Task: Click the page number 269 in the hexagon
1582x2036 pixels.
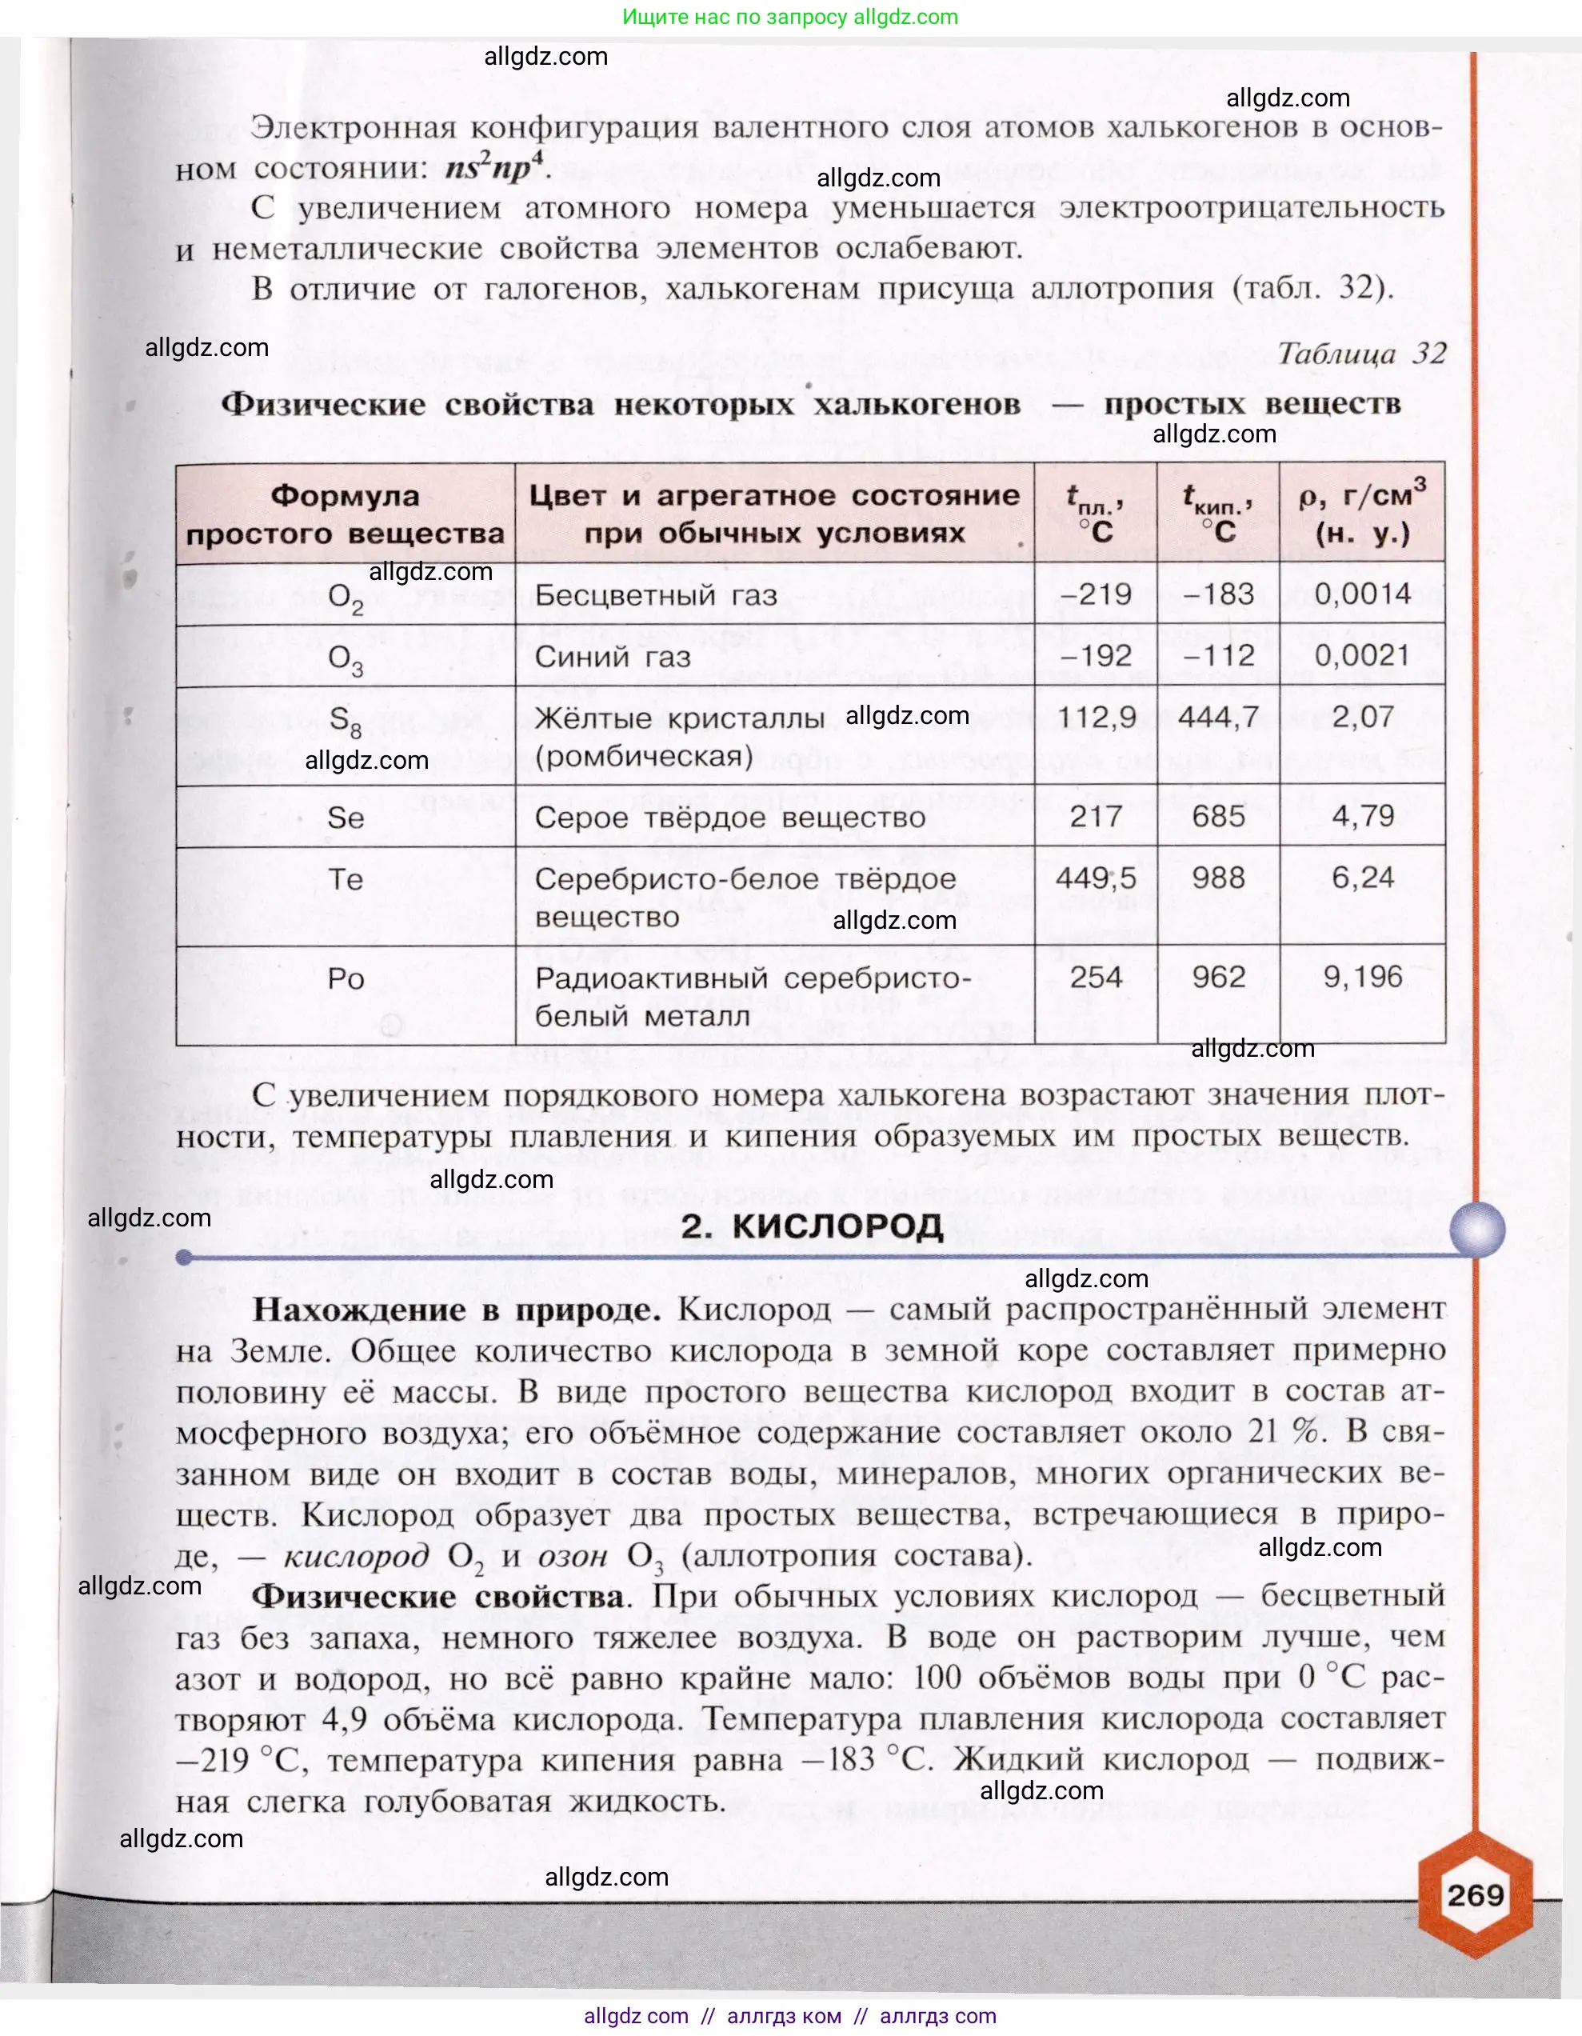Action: pyautogui.click(x=1475, y=1894)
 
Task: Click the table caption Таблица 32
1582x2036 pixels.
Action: pyautogui.click(x=1361, y=354)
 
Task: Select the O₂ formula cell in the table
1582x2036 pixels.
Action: pyautogui.click(x=345, y=597)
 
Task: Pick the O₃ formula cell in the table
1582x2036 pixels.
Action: pyautogui.click(x=345, y=659)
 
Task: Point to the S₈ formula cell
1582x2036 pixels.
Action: pyautogui.click(x=345, y=721)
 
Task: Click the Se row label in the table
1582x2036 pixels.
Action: pyautogui.click(x=345, y=818)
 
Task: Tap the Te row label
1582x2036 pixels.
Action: pyautogui.click(x=345, y=879)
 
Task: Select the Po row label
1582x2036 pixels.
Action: pyautogui.click(x=345, y=979)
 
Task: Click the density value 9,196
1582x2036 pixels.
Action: pyautogui.click(x=1362, y=977)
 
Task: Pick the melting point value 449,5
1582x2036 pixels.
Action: pyautogui.click(x=1096, y=878)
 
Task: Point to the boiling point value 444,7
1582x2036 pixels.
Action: pyautogui.click(x=1218, y=717)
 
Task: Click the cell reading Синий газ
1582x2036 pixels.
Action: pyautogui.click(x=613, y=656)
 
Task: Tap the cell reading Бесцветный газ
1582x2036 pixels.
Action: pyautogui.click(x=655, y=594)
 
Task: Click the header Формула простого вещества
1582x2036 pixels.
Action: pyautogui.click(x=345, y=514)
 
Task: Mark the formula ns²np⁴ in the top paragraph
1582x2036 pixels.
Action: pyautogui.click(x=494, y=168)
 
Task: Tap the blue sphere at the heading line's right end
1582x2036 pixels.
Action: pyautogui.click(x=1477, y=1230)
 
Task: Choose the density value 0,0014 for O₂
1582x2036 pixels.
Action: pyautogui.click(x=1362, y=594)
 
